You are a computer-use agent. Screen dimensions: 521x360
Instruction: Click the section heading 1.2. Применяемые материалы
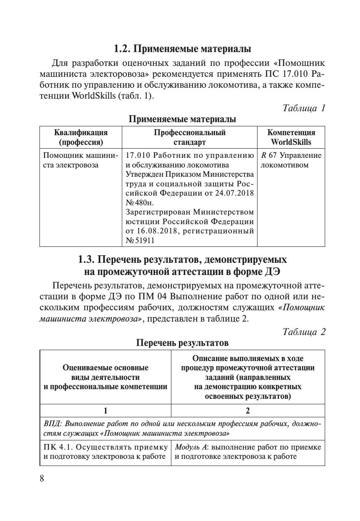point(182,49)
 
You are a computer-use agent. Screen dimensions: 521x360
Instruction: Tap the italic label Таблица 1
point(304,108)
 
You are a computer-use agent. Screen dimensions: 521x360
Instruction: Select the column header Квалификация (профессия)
point(81,137)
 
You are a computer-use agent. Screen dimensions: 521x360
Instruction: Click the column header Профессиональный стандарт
point(189,137)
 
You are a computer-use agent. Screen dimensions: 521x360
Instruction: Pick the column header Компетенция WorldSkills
point(291,137)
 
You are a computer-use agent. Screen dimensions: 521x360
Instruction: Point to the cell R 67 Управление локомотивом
point(291,160)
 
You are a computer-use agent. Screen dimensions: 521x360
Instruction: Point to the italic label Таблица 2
point(304,332)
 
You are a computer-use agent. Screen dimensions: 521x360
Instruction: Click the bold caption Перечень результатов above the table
point(182,343)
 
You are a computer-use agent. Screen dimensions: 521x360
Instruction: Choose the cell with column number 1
point(105,411)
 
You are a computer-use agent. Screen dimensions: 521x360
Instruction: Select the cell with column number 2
point(248,411)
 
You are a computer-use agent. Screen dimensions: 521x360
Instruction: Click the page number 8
point(42,479)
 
